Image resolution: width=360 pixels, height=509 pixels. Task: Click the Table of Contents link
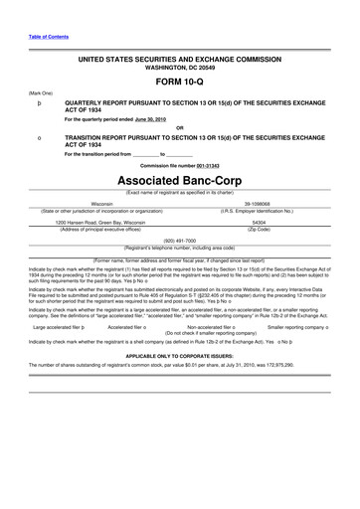tap(34, 37)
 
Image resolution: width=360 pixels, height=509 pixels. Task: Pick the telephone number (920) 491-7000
tap(179, 240)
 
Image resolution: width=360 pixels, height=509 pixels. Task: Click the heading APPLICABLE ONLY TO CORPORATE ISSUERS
tap(180, 355)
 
